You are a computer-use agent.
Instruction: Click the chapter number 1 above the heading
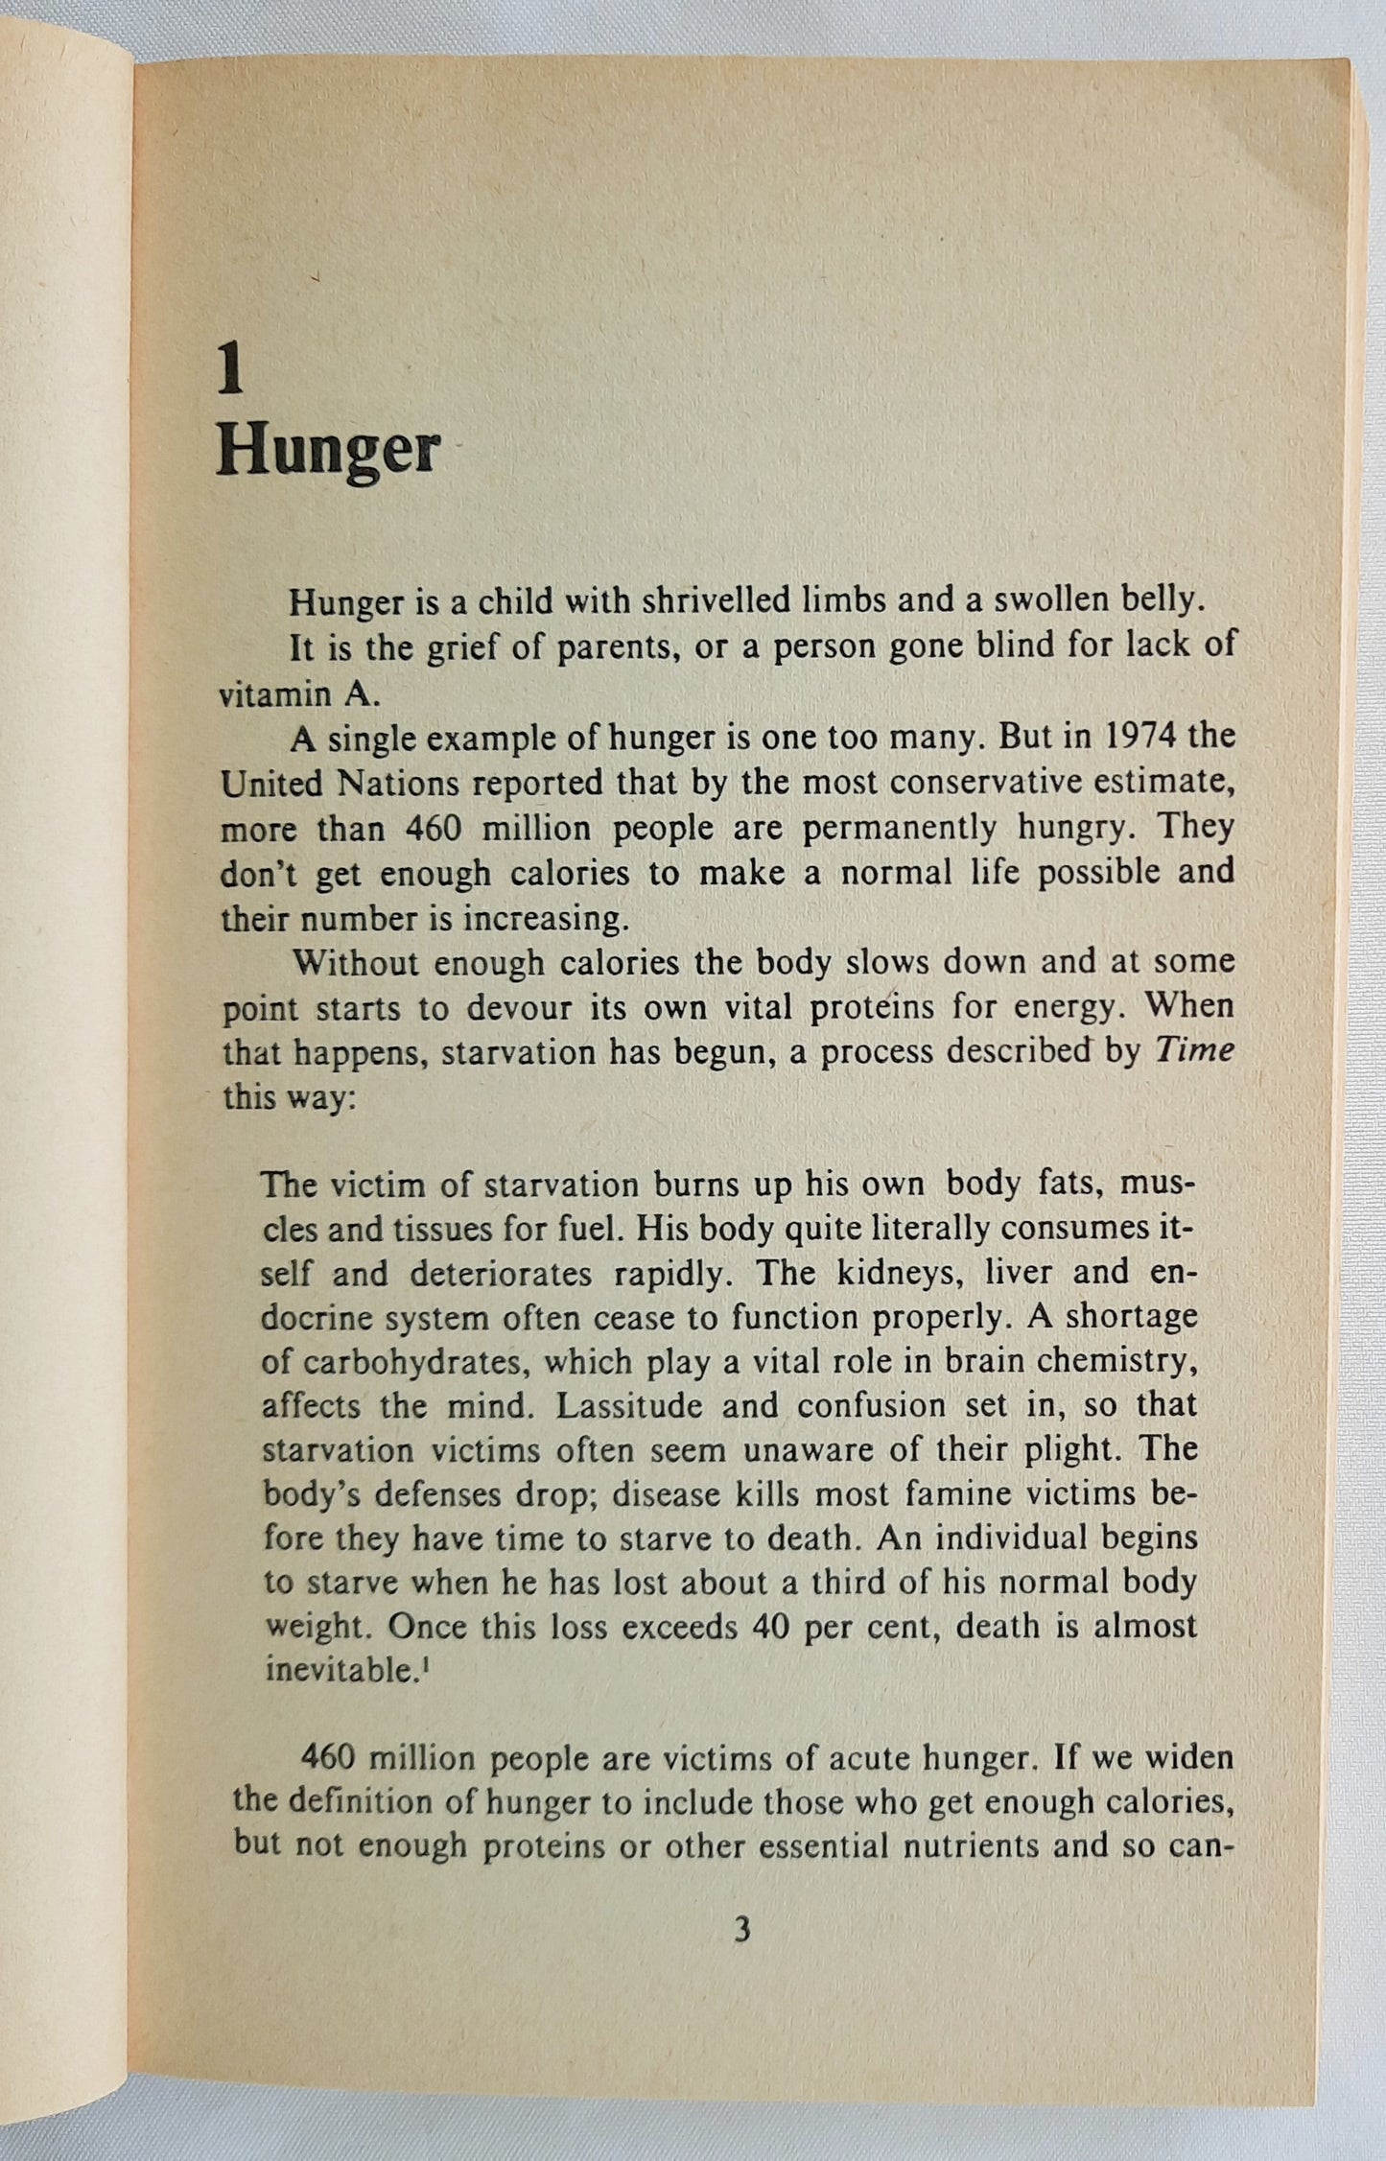[230, 372]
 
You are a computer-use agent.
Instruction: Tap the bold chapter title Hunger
[327, 451]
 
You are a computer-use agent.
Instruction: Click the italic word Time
[1193, 1050]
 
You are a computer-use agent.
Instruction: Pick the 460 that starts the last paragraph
[332, 1758]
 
